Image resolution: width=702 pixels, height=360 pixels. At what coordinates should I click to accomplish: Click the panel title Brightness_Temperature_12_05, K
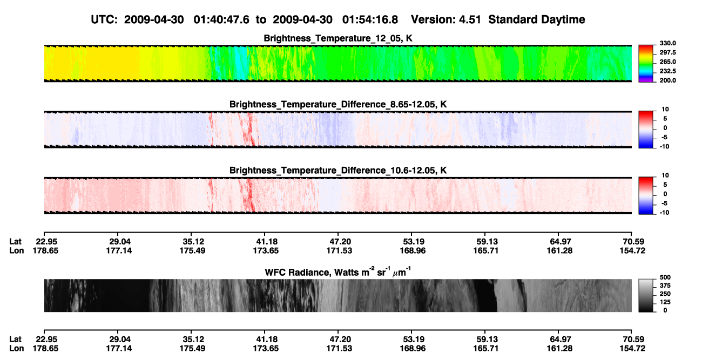click(x=338, y=38)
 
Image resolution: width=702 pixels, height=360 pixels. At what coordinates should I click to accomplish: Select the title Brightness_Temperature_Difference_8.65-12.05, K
click(x=338, y=104)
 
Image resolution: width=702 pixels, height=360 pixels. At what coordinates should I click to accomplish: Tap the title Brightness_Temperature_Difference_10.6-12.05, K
click(x=338, y=171)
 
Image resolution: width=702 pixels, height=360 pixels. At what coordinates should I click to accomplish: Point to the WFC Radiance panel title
click(x=338, y=271)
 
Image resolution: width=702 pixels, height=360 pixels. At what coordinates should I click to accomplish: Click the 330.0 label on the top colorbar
click(x=667, y=43)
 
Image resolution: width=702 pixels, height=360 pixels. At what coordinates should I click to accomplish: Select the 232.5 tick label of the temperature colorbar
click(x=667, y=71)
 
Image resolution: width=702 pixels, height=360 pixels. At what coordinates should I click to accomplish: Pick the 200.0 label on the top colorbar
click(x=667, y=80)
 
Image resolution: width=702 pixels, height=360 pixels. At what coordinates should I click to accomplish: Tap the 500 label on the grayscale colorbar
click(x=665, y=277)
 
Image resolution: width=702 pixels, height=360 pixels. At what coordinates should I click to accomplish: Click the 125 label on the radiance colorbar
click(x=665, y=302)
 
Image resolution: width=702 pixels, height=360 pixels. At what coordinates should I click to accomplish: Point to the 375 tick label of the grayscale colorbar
click(x=665, y=286)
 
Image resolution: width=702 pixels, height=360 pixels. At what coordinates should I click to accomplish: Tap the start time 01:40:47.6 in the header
click(x=221, y=19)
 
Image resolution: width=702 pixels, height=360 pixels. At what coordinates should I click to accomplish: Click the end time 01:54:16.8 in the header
click(x=370, y=19)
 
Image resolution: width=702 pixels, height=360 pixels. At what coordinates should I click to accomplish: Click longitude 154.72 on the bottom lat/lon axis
click(x=632, y=349)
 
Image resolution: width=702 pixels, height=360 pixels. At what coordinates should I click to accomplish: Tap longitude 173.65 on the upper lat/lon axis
click(x=266, y=250)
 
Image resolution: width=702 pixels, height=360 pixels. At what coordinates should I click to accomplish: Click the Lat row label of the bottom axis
click(x=15, y=339)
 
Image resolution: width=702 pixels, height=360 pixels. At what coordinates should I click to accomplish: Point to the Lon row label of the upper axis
click(x=17, y=250)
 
